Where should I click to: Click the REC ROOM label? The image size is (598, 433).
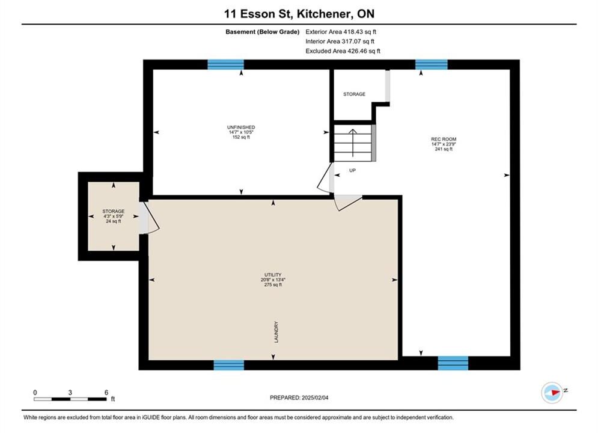(444, 144)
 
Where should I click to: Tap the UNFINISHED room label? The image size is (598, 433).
(241, 132)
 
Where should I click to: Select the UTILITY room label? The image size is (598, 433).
(273, 280)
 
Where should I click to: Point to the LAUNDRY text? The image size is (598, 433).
(276, 332)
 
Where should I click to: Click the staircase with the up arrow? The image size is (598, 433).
(353, 143)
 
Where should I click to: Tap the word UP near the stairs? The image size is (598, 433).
(352, 171)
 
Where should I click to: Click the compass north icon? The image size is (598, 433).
(552, 392)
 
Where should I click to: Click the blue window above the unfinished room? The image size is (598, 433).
(226, 64)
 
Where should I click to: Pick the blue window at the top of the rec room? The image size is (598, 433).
(432, 64)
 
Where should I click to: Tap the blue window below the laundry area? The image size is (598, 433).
(229, 365)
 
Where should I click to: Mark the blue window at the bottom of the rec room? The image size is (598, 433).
(453, 363)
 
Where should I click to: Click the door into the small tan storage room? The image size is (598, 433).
(148, 218)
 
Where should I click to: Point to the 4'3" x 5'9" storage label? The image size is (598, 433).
(113, 216)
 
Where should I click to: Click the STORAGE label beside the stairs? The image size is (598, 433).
(355, 94)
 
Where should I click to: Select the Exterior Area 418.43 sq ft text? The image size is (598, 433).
(341, 32)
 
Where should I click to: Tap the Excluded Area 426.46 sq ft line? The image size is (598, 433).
(343, 51)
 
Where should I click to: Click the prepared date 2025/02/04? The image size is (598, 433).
(299, 398)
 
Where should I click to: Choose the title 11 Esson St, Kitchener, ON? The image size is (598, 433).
(299, 14)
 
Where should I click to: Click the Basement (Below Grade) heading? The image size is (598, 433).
(263, 32)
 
